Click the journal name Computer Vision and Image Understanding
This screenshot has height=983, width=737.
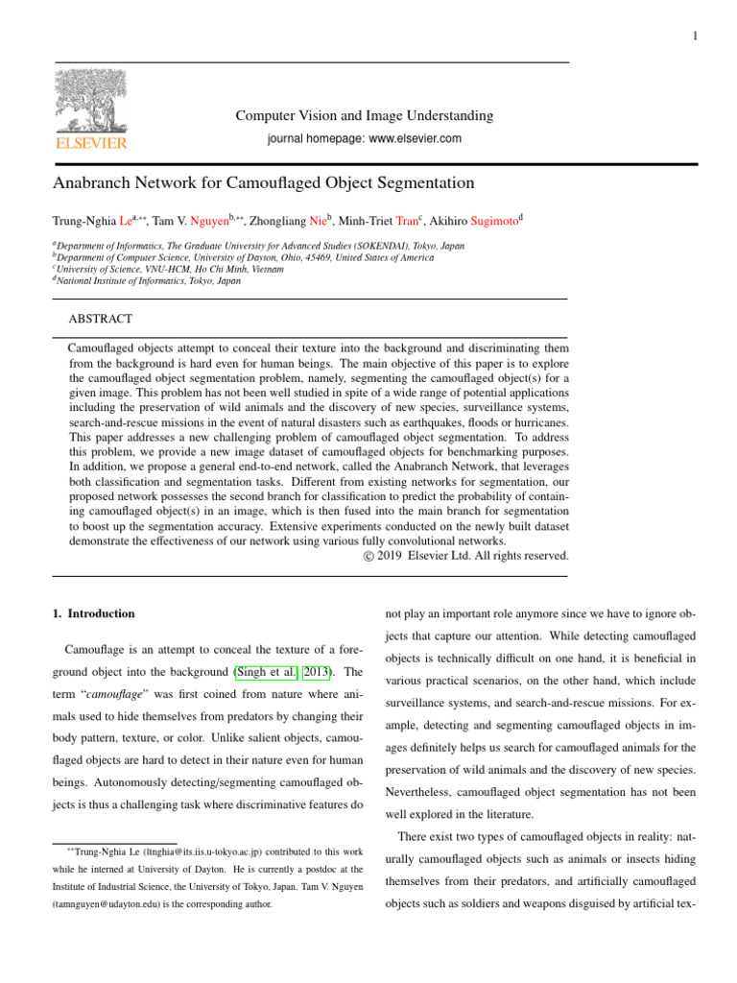coord(365,116)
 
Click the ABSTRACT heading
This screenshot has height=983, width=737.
coord(101,319)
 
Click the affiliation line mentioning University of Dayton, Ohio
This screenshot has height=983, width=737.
coord(244,258)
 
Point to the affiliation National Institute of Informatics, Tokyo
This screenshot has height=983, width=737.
coord(148,281)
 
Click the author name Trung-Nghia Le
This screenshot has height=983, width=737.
coord(89,220)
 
